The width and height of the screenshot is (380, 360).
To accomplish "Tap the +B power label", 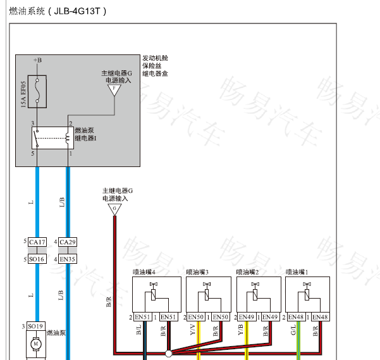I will click(x=37, y=60).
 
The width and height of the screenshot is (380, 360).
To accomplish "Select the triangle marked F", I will click(x=114, y=90).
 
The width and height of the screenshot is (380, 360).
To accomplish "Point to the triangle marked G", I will click(x=114, y=208).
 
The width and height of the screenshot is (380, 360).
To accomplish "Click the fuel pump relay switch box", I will click(x=53, y=137).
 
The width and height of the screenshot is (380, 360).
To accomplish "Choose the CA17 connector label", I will click(x=37, y=242).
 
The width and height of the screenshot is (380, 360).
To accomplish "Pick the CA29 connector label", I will click(x=68, y=242).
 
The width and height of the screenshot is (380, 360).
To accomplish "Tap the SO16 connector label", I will click(x=37, y=259).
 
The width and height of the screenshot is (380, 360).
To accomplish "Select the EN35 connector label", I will click(x=68, y=259).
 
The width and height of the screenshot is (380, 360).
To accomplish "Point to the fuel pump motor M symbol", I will click(x=37, y=344).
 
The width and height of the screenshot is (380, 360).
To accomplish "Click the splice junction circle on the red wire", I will click(x=168, y=353).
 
